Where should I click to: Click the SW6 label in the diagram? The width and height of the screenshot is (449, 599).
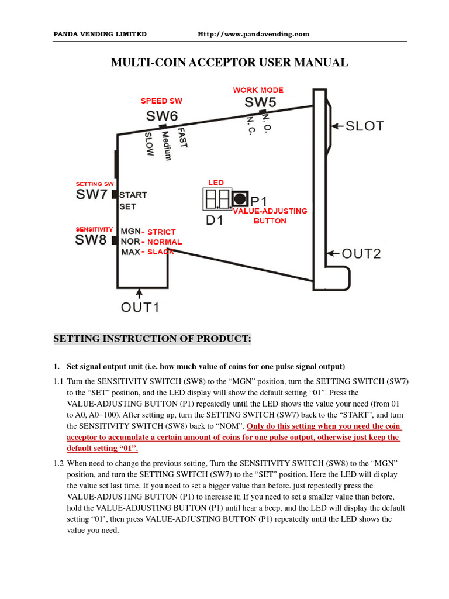click(162, 116)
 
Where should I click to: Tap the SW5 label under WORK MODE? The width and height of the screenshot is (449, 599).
click(260, 102)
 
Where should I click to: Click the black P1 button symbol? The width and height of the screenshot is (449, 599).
click(239, 199)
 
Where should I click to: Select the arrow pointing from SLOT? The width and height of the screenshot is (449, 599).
click(337, 126)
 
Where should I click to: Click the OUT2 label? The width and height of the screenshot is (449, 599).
click(361, 253)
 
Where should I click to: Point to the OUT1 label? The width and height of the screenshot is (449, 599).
click(140, 307)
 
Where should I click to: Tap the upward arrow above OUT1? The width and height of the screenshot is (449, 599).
click(139, 292)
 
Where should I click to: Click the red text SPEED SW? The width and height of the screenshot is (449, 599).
click(161, 101)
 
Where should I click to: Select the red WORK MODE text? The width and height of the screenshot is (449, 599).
click(258, 90)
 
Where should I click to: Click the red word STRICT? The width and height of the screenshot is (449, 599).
click(161, 232)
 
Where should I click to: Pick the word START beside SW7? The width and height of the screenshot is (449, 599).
click(133, 195)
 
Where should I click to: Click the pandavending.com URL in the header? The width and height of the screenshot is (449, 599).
click(253, 34)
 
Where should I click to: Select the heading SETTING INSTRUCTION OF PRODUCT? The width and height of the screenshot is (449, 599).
click(153, 339)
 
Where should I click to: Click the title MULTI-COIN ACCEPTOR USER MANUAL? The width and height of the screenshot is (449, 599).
click(230, 63)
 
